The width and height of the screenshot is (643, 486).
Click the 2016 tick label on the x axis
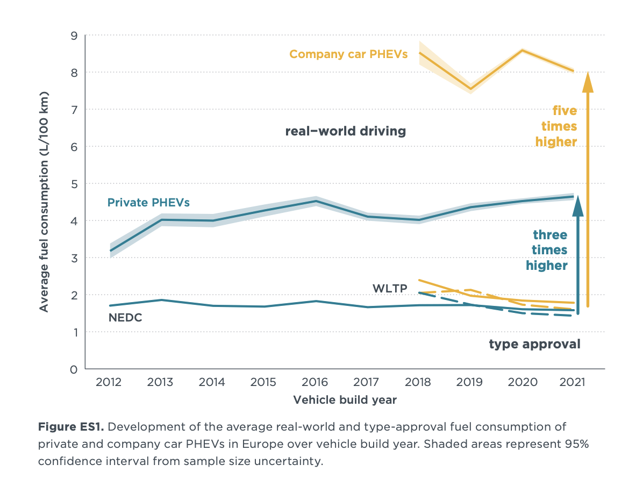[x=315, y=382]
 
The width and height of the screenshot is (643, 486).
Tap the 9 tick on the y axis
[x=74, y=35]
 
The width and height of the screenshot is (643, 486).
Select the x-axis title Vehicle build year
[x=345, y=400]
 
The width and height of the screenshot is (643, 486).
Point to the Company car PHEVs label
[x=348, y=54]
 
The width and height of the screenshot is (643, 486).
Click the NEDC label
[x=125, y=317]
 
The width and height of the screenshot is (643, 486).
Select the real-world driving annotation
[x=345, y=131]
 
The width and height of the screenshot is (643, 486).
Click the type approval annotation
[x=534, y=344]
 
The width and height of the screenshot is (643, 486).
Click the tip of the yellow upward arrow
[x=588, y=72]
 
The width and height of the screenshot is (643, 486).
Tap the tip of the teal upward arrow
[x=578, y=197]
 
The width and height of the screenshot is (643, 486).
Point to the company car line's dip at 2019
[x=471, y=89]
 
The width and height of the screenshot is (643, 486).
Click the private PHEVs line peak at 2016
[x=316, y=201]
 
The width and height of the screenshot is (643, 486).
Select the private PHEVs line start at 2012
[x=110, y=251]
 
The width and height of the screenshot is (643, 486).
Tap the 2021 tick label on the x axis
[x=573, y=382]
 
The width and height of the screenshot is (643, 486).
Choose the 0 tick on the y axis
[x=74, y=369]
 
